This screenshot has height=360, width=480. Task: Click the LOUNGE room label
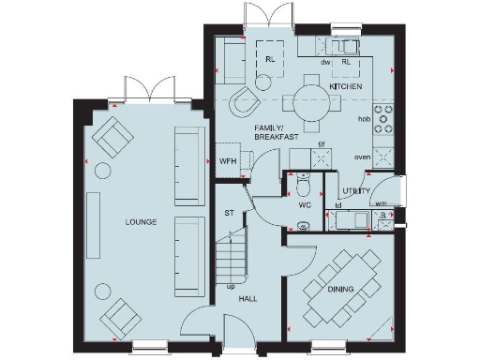(139, 222)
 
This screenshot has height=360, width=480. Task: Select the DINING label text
(340, 289)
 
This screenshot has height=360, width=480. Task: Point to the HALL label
(247, 299)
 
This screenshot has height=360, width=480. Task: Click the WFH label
(227, 161)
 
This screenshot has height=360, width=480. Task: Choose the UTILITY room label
(355, 191)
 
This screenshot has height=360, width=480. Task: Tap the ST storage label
(228, 214)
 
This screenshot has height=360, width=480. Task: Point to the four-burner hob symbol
(382, 119)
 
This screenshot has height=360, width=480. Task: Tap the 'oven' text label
(361, 157)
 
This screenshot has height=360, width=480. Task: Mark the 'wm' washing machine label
(381, 202)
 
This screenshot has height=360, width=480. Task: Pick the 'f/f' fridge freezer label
(321, 143)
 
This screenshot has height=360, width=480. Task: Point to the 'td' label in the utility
(337, 202)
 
